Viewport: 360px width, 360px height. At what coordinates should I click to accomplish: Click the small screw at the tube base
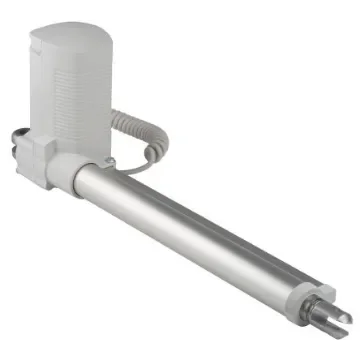tap(108, 163)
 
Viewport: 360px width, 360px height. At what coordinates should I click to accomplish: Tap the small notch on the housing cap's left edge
tap(33, 45)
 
